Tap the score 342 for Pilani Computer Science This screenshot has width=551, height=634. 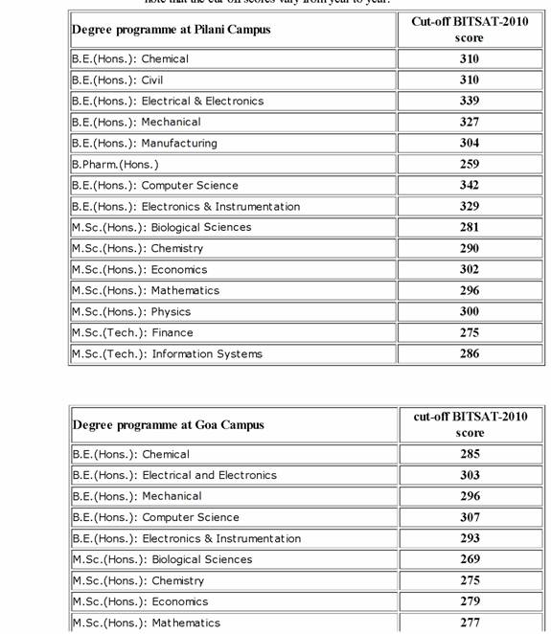click(x=469, y=185)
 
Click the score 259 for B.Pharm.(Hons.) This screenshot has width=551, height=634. click(x=469, y=164)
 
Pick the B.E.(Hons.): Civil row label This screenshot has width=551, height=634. click(x=118, y=79)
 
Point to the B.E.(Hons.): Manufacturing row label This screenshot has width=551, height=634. click(x=145, y=143)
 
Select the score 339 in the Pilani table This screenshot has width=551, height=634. click(x=469, y=101)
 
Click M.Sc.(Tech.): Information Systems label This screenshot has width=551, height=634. click(x=167, y=353)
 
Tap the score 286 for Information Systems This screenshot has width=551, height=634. click(x=469, y=353)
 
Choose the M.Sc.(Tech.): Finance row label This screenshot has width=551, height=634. click(x=132, y=332)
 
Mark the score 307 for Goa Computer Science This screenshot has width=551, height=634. click(x=470, y=517)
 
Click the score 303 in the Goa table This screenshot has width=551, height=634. click(x=470, y=475)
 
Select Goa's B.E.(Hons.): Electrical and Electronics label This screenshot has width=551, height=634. click(x=174, y=475)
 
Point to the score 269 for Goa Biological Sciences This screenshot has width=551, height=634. click(x=470, y=559)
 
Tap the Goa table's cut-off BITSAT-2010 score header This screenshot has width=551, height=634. click(x=470, y=424)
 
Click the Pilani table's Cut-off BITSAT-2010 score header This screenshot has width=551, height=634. click(x=470, y=29)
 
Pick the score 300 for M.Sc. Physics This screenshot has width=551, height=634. click(x=469, y=311)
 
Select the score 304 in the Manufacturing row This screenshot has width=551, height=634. click(x=469, y=143)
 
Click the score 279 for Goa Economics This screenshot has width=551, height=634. click(x=470, y=601)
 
